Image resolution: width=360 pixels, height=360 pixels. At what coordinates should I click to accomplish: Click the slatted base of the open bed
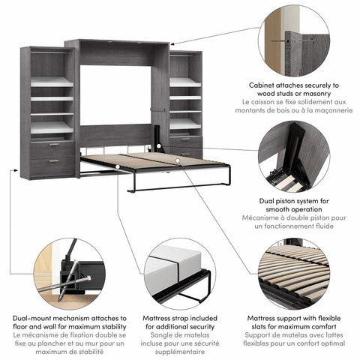[150, 160]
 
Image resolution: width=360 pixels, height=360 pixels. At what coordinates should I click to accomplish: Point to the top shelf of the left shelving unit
[51, 82]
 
